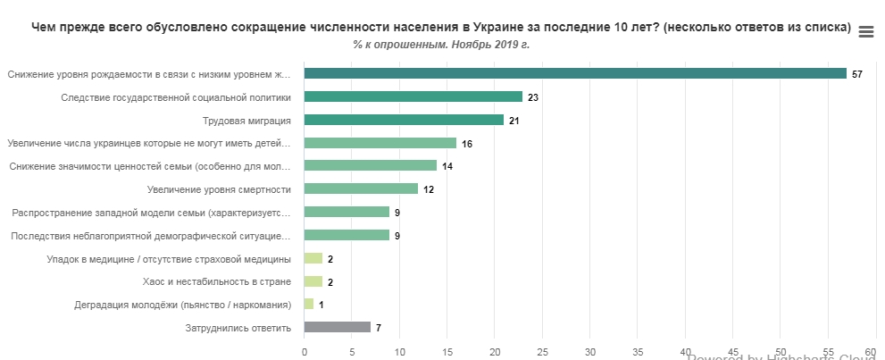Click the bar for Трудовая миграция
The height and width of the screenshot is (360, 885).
[x=404, y=120]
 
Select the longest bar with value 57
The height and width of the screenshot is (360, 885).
[x=575, y=73]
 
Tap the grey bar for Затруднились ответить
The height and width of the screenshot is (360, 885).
[x=337, y=328]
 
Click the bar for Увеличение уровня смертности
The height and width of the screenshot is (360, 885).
[x=361, y=188]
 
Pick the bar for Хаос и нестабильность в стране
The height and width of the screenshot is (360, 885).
[x=313, y=281]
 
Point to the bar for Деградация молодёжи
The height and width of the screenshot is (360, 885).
[x=309, y=305]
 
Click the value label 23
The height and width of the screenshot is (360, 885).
[x=533, y=96]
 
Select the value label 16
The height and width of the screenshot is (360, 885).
[x=466, y=143]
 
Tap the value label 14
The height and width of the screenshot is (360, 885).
[x=447, y=166]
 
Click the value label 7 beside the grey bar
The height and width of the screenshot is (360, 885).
[x=379, y=328]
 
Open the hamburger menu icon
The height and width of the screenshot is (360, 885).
[x=865, y=32]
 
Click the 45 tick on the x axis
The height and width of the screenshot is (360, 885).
[x=733, y=351]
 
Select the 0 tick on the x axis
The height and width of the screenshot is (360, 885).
[x=305, y=351]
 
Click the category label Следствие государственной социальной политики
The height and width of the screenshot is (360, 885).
[x=176, y=96]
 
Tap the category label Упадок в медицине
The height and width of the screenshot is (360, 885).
[x=169, y=259]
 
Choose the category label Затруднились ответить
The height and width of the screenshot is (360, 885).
[x=238, y=328]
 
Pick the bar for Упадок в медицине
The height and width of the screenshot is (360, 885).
[x=313, y=258]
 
